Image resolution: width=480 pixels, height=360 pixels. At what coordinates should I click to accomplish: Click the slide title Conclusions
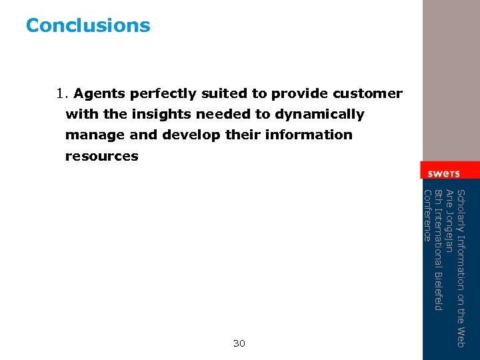[x=88, y=25]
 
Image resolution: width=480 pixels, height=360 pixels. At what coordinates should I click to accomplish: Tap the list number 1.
[x=63, y=93]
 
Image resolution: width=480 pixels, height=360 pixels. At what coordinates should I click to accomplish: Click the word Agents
[x=100, y=93]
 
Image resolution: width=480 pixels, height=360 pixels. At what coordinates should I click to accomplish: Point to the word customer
[x=369, y=93]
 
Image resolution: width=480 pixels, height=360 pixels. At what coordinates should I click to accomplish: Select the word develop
[x=191, y=135]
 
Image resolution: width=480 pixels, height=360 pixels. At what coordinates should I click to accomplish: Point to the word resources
[x=101, y=156]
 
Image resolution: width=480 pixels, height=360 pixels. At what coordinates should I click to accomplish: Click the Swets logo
[x=443, y=173]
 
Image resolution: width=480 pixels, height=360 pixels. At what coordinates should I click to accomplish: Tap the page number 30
[x=239, y=343]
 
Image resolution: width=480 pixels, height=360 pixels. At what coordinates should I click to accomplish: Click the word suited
[x=224, y=93]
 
